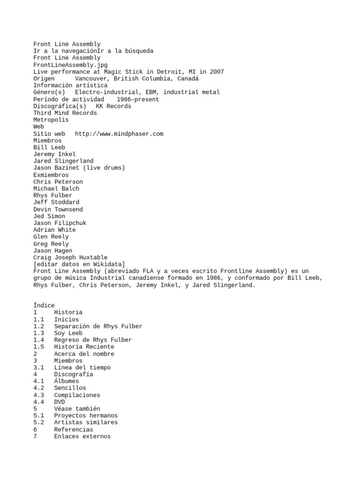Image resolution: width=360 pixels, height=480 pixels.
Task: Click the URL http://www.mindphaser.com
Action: tap(119, 134)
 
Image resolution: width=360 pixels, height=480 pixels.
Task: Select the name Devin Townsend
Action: tap(58, 209)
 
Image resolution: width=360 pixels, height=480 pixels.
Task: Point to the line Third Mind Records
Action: tap(65, 113)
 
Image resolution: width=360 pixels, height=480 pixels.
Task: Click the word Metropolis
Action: tap(51, 120)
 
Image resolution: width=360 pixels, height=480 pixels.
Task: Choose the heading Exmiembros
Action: tap(51, 175)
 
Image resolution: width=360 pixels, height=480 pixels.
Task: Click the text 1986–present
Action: tap(139, 99)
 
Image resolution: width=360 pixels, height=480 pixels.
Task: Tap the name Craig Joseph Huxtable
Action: tap(70, 257)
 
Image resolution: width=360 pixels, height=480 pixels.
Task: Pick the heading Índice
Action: tap(44, 306)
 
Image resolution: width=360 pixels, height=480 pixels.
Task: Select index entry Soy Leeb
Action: tap(68, 333)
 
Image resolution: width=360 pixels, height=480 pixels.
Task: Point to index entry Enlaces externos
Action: tap(82, 436)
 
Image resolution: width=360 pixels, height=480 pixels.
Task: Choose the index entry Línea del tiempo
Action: tap(82, 367)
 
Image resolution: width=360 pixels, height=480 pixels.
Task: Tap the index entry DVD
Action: tap(60, 402)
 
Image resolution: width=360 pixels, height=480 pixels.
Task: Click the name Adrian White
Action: tap(54, 230)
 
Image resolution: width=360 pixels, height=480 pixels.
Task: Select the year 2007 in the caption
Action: tap(217, 72)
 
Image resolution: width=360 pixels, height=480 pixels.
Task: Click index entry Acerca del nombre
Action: tap(84, 354)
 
